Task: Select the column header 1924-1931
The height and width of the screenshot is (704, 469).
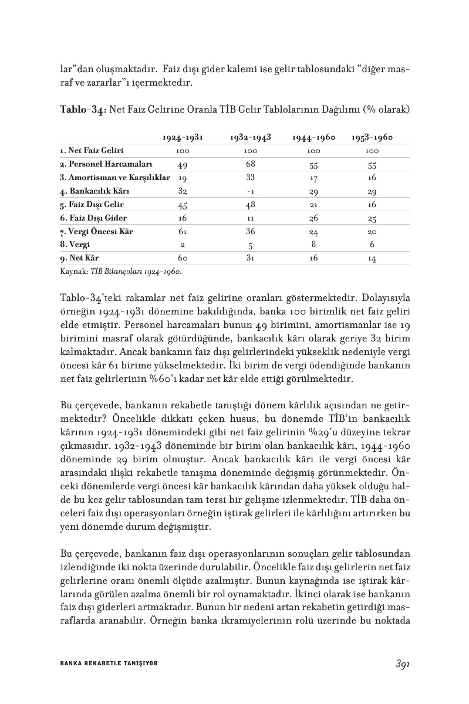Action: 183,138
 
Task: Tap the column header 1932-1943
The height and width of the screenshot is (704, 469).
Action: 250,138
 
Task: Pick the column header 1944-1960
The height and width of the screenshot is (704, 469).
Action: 313,138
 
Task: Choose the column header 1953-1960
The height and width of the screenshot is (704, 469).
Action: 372,138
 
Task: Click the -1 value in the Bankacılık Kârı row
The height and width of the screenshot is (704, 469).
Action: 250,191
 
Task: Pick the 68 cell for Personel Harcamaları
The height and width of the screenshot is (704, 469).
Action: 250,164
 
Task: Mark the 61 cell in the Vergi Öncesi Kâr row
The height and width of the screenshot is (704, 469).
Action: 183,232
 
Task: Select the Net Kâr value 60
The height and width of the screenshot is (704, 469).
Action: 183,258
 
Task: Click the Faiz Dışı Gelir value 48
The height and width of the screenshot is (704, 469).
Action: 250,205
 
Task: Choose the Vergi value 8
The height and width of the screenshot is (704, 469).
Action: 313,245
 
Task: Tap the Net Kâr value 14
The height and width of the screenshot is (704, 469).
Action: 372,259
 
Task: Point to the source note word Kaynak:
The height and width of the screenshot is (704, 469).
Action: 73,272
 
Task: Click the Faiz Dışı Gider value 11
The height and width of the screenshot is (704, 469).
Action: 250,218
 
